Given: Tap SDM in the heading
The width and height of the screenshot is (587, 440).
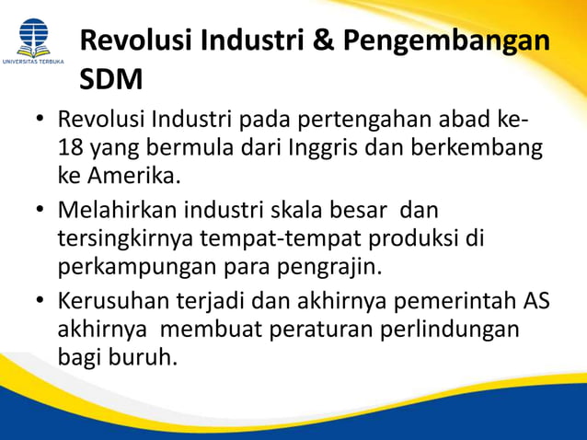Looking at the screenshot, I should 111,81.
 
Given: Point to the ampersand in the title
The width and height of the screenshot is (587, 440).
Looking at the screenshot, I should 316,41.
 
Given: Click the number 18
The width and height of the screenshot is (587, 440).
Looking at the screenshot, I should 71,147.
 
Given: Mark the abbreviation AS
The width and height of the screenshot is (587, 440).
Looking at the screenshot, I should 536,301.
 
